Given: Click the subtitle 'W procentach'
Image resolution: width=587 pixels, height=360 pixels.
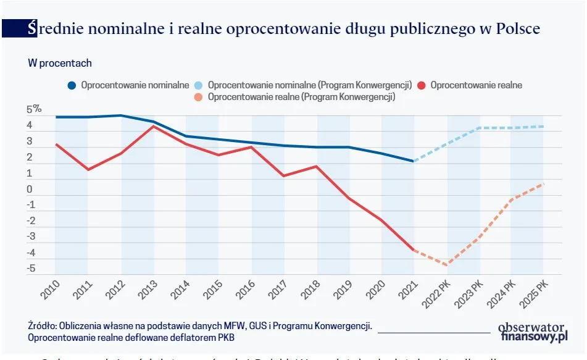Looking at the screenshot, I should [x=59, y=63].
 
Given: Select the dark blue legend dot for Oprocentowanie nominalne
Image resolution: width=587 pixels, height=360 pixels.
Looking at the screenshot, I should [x=72, y=85].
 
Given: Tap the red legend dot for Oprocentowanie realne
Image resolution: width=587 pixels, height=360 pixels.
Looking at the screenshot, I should [x=422, y=85].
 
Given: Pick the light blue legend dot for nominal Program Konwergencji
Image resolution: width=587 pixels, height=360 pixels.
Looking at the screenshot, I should [x=199, y=85].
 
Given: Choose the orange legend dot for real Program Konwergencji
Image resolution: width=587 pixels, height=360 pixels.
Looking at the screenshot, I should [x=199, y=97].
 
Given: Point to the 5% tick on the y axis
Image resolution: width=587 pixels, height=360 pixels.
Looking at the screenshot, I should [x=34, y=110].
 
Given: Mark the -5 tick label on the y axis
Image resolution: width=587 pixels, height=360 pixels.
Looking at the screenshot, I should [x=30, y=269].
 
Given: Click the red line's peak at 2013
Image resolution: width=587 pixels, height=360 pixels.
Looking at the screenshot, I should [x=154, y=126].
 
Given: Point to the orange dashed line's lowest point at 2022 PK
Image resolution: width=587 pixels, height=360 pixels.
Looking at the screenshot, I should [x=446, y=265].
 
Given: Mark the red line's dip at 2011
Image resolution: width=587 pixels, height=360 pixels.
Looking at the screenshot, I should [x=88, y=169].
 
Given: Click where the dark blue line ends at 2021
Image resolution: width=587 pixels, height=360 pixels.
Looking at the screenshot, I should [x=414, y=161].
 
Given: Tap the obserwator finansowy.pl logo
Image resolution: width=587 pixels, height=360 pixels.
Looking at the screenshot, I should [x=533, y=332].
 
